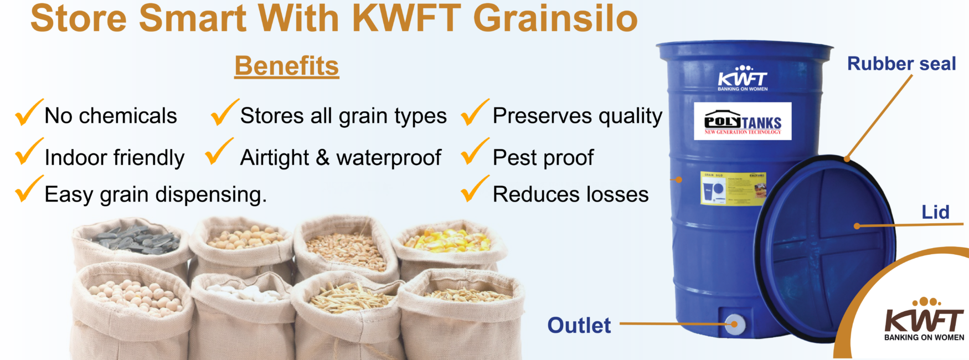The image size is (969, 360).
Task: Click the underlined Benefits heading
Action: [286, 66]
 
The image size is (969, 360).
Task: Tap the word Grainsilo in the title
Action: [555, 19]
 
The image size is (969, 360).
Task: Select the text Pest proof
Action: [543, 158]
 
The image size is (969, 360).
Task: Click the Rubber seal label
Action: [901, 64]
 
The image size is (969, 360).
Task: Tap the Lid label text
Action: [935, 212]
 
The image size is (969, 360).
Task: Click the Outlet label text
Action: [579, 325]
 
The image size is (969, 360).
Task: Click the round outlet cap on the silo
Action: [734, 324]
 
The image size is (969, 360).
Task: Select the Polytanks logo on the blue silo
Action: [743, 121]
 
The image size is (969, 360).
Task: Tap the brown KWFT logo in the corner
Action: [924, 320]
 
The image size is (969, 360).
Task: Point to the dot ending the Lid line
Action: [857, 226]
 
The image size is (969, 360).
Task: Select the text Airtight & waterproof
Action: [340, 158]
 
